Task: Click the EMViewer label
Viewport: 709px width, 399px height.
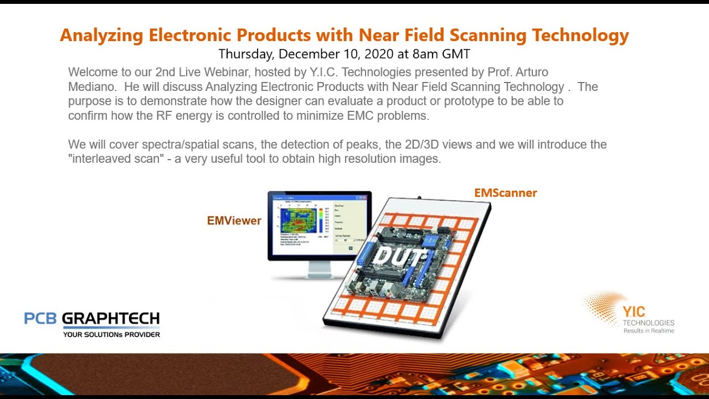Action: (x=234, y=221)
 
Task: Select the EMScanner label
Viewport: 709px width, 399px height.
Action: (x=505, y=193)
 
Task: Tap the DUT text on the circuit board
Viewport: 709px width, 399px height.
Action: (x=399, y=257)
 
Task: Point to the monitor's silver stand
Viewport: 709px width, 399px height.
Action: (x=319, y=269)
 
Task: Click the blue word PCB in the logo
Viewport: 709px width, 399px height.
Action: (x=40, y=319)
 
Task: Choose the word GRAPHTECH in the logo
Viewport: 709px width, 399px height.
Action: (x=111, y=319)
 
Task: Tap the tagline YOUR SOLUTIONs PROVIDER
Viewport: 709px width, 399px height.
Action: (x=111, y=334)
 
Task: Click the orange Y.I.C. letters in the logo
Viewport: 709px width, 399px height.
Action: (x=634, y=311)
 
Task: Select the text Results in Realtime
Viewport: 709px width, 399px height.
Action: (x=649, y=331)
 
